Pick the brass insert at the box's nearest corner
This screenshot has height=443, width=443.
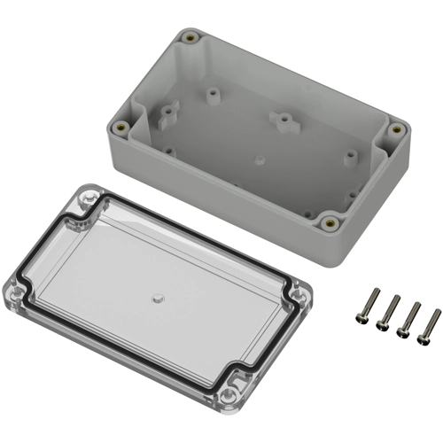(x=330, y=222)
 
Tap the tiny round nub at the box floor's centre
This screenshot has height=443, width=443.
(x=257, y=160)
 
